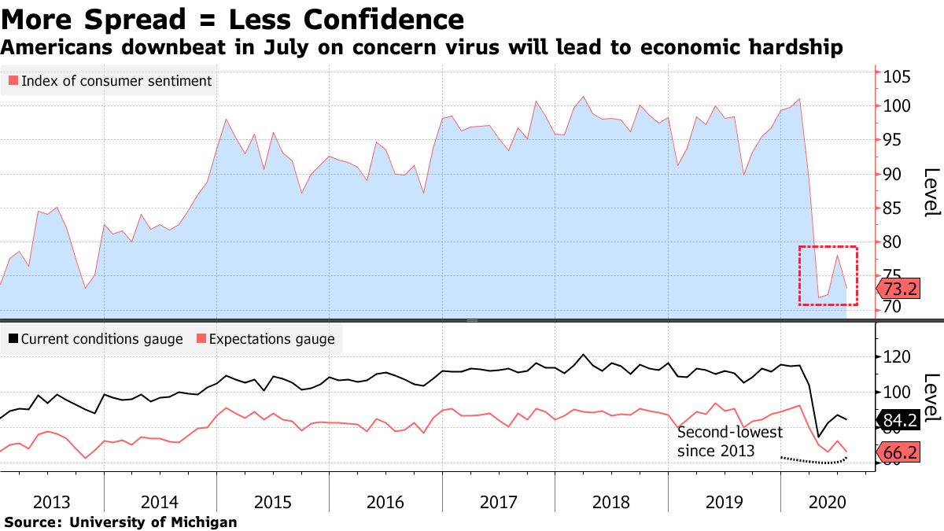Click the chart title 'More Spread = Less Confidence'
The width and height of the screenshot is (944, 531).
tap(232, 19)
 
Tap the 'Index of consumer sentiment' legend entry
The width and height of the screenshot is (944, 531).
tap(110, 81)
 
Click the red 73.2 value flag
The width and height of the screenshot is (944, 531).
tap(899, 289)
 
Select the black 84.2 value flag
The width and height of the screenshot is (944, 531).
tap(899, 421)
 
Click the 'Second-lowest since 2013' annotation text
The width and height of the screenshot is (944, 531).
tap(728, 441)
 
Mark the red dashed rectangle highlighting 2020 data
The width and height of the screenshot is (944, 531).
tap(828, 276)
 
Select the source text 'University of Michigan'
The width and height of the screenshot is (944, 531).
tap(153, 522)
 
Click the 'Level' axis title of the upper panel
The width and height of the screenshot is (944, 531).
tap(931, 192)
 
